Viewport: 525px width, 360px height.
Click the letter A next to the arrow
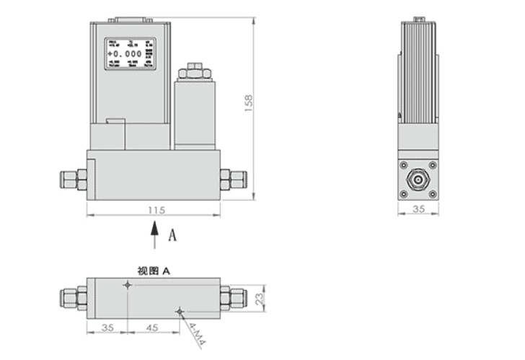[172, 235]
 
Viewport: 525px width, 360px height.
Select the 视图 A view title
[153, 271]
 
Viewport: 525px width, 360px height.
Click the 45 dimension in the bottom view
[153, 328]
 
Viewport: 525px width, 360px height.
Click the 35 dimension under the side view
[418, 210]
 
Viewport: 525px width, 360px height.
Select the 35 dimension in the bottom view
[107, 328]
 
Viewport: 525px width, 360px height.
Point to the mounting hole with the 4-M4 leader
[179, 312]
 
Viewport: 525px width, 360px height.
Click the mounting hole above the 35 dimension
[128, 286]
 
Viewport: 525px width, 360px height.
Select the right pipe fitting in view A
[234, 297]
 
